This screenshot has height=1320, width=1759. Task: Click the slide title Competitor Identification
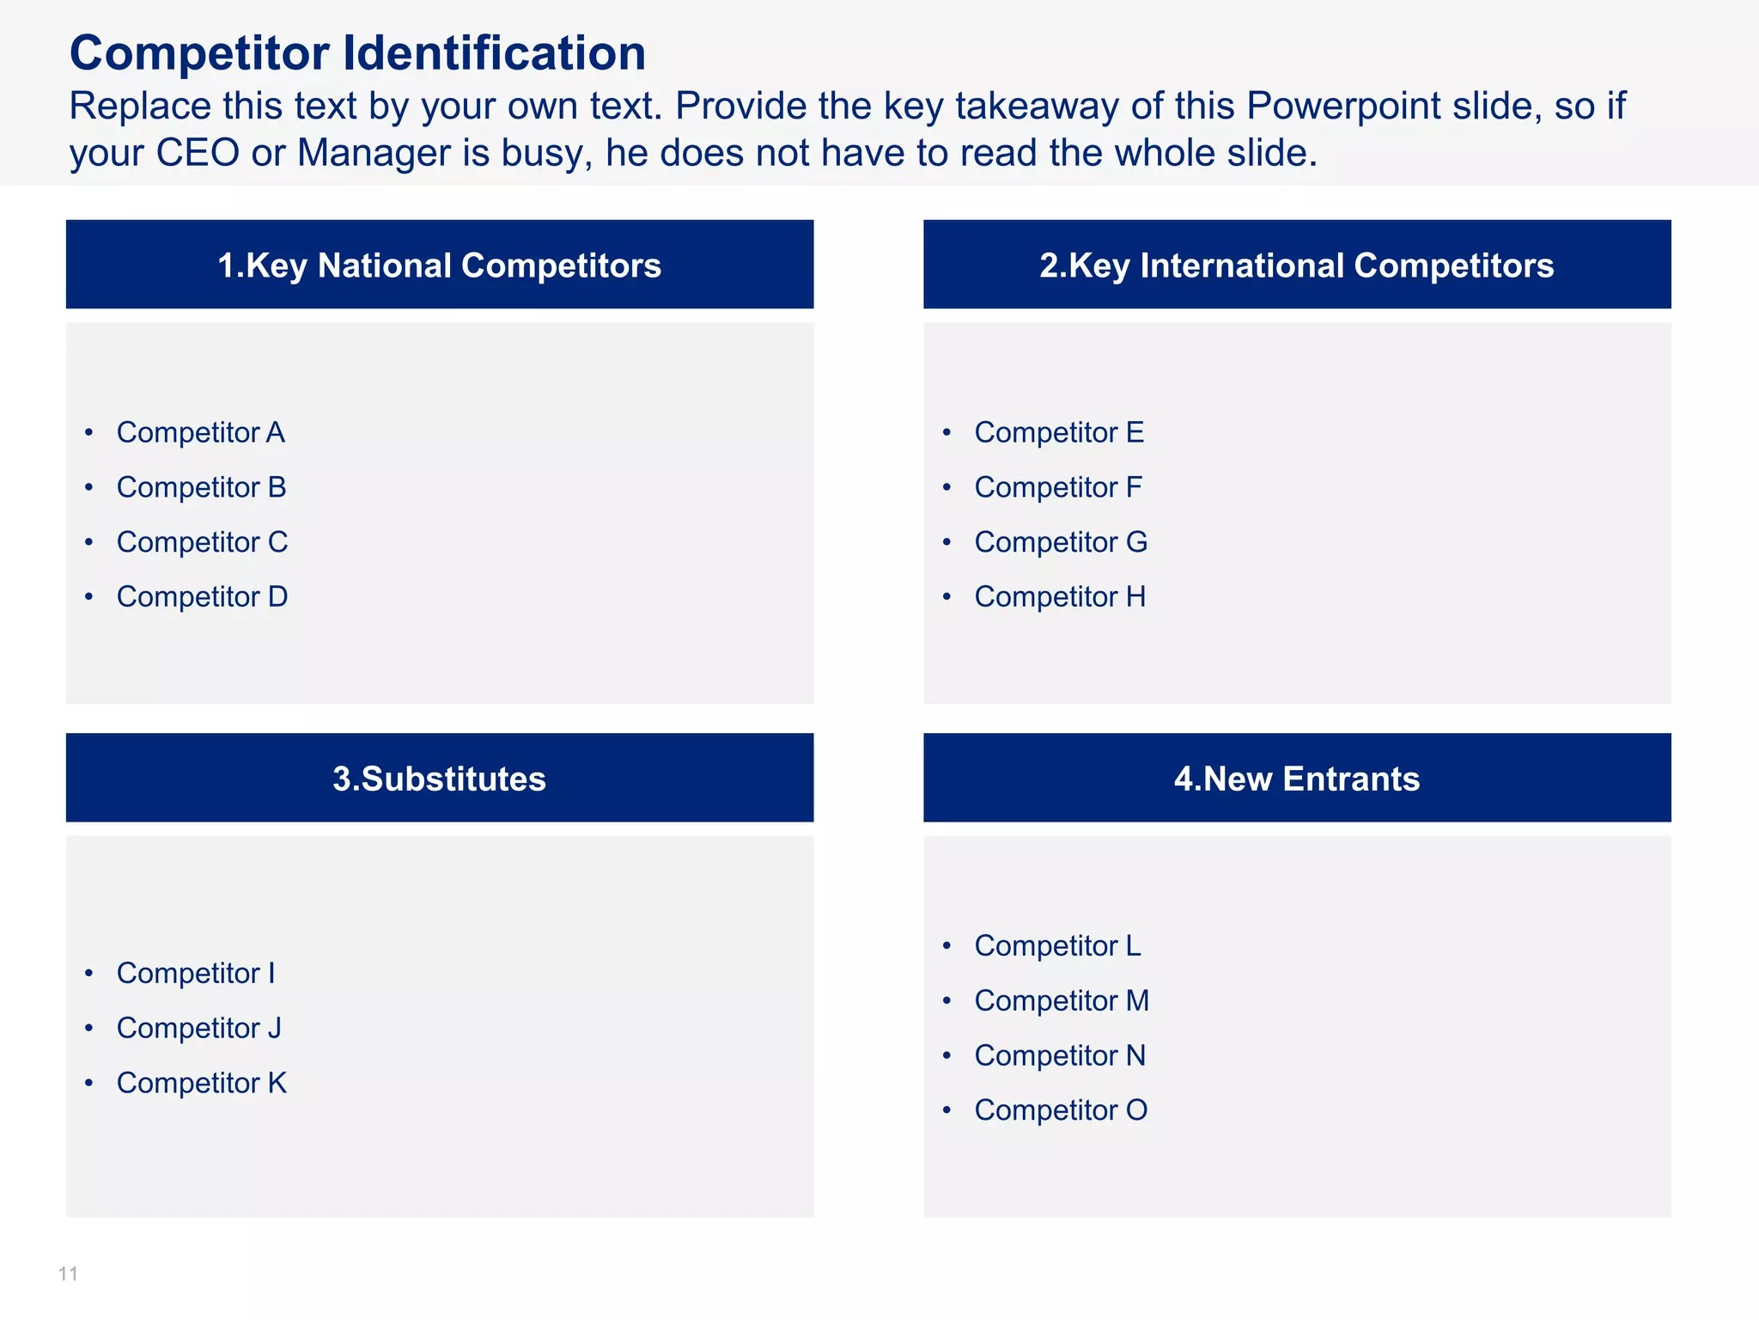click(x=357, y=53)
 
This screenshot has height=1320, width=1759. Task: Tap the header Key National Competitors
click(x=440, y=265)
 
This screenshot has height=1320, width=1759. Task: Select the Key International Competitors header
click(x=1297, y=265)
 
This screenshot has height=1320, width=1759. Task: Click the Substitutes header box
click(x=440, y=778)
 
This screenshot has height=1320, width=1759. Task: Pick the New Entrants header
click(x=1297, y=778)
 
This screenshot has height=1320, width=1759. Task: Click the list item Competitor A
click(x=200, y=432)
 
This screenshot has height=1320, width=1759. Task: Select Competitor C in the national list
click(x=202, y=542)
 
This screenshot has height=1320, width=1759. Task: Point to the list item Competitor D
click(x=202, y=596)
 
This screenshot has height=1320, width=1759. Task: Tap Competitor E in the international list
click(x=1059, y=432)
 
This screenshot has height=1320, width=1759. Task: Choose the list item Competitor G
click(x=1061, y=542)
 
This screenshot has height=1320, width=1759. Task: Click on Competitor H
click(x=1060, y=596)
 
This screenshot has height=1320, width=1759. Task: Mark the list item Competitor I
click(x=196, y=973)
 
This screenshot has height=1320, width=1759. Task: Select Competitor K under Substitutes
click(x=201, y=1083)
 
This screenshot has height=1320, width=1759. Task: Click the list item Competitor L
click(x=1057, y=945)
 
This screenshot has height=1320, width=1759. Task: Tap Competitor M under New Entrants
click(x=1062, y=1000)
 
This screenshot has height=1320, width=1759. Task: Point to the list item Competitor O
click(x=1061, y=1110)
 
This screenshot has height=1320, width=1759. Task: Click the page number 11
click(x=68, y=1274)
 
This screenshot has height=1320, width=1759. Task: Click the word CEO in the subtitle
click(x=198, y=153)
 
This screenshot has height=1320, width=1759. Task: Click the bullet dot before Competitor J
click(x=88, y=1028)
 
